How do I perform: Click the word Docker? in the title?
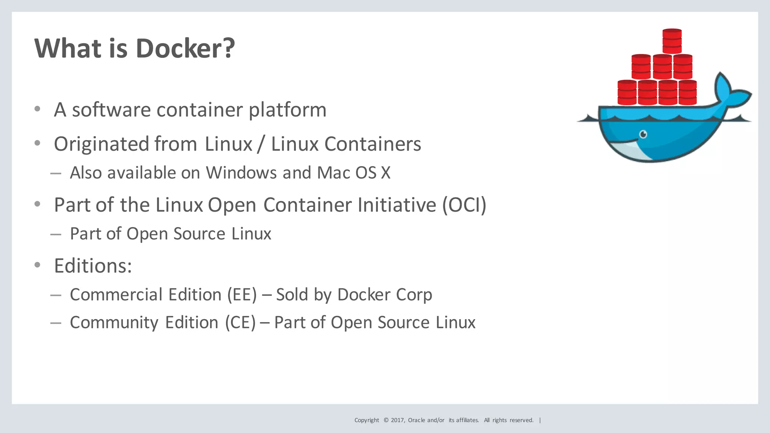coord(185,48)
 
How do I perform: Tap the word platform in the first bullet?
coord(288,110)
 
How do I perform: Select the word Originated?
coord(102,144)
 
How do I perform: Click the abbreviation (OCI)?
coord(464,205)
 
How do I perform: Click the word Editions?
coord(93,266)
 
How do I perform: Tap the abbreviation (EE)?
coord(242,295)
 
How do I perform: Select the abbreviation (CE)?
coord(240,323)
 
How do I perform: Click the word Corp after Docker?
coord(414,295)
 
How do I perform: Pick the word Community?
coord(114,323)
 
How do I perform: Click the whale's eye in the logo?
coord(643,134)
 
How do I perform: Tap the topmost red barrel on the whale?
coord(672,41)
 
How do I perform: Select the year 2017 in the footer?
coord(397,420)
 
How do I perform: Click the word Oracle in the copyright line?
coord(417,420)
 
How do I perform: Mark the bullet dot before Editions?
coord(37,265)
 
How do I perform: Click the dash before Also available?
coord(56,173)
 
